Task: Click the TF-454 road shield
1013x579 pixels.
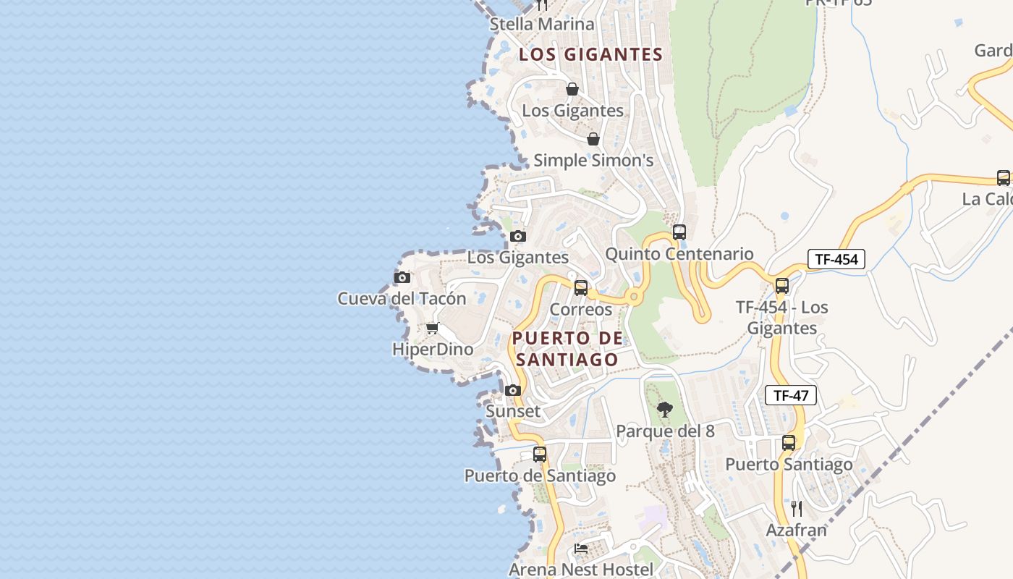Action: pyautogui.click(x=836, y=259)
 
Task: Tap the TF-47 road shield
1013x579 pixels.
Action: pyautogui.click(x=791, y=395)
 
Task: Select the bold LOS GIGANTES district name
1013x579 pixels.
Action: pyautogui.click(x=591, y=54)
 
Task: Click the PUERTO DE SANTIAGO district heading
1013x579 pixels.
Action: pyautogui.click(x=567, y=349)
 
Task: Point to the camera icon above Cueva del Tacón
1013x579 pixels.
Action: pyautogui.click(x=402, y=277)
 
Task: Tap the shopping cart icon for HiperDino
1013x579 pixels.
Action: pyautogui.click(x=432, y=329)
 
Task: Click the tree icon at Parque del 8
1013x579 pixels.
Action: pyautogui.click(x=664, y=410)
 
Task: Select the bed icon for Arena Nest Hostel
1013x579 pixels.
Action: pyautogui.click(x=580, y=548)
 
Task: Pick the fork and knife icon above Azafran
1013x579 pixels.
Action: pyautogui.click(x=796, y=508)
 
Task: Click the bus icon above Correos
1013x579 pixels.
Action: pyautogui.click(x=580, y=288)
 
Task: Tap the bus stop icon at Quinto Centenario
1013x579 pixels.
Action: pyautogui.click(x=679, y=232)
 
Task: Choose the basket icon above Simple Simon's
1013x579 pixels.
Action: pyautogui.click(x=593, y=139)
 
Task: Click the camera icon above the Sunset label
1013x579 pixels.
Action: pyautogui.click(x=513, y=391)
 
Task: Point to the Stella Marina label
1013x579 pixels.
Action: pyautogui.click(x=542, y=24)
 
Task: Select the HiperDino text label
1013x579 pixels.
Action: pyautogui.click(x=433, y=350)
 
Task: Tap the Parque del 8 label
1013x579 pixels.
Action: pyautogui.click(x=665, y=431)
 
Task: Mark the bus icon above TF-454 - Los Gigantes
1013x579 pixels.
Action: pyautogui.click(x=781, y=286)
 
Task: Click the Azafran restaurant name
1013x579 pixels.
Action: pyautogui.click(x=796, y=530)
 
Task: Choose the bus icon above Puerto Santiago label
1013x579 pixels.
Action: pyautogui.click(x=789, y=443)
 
